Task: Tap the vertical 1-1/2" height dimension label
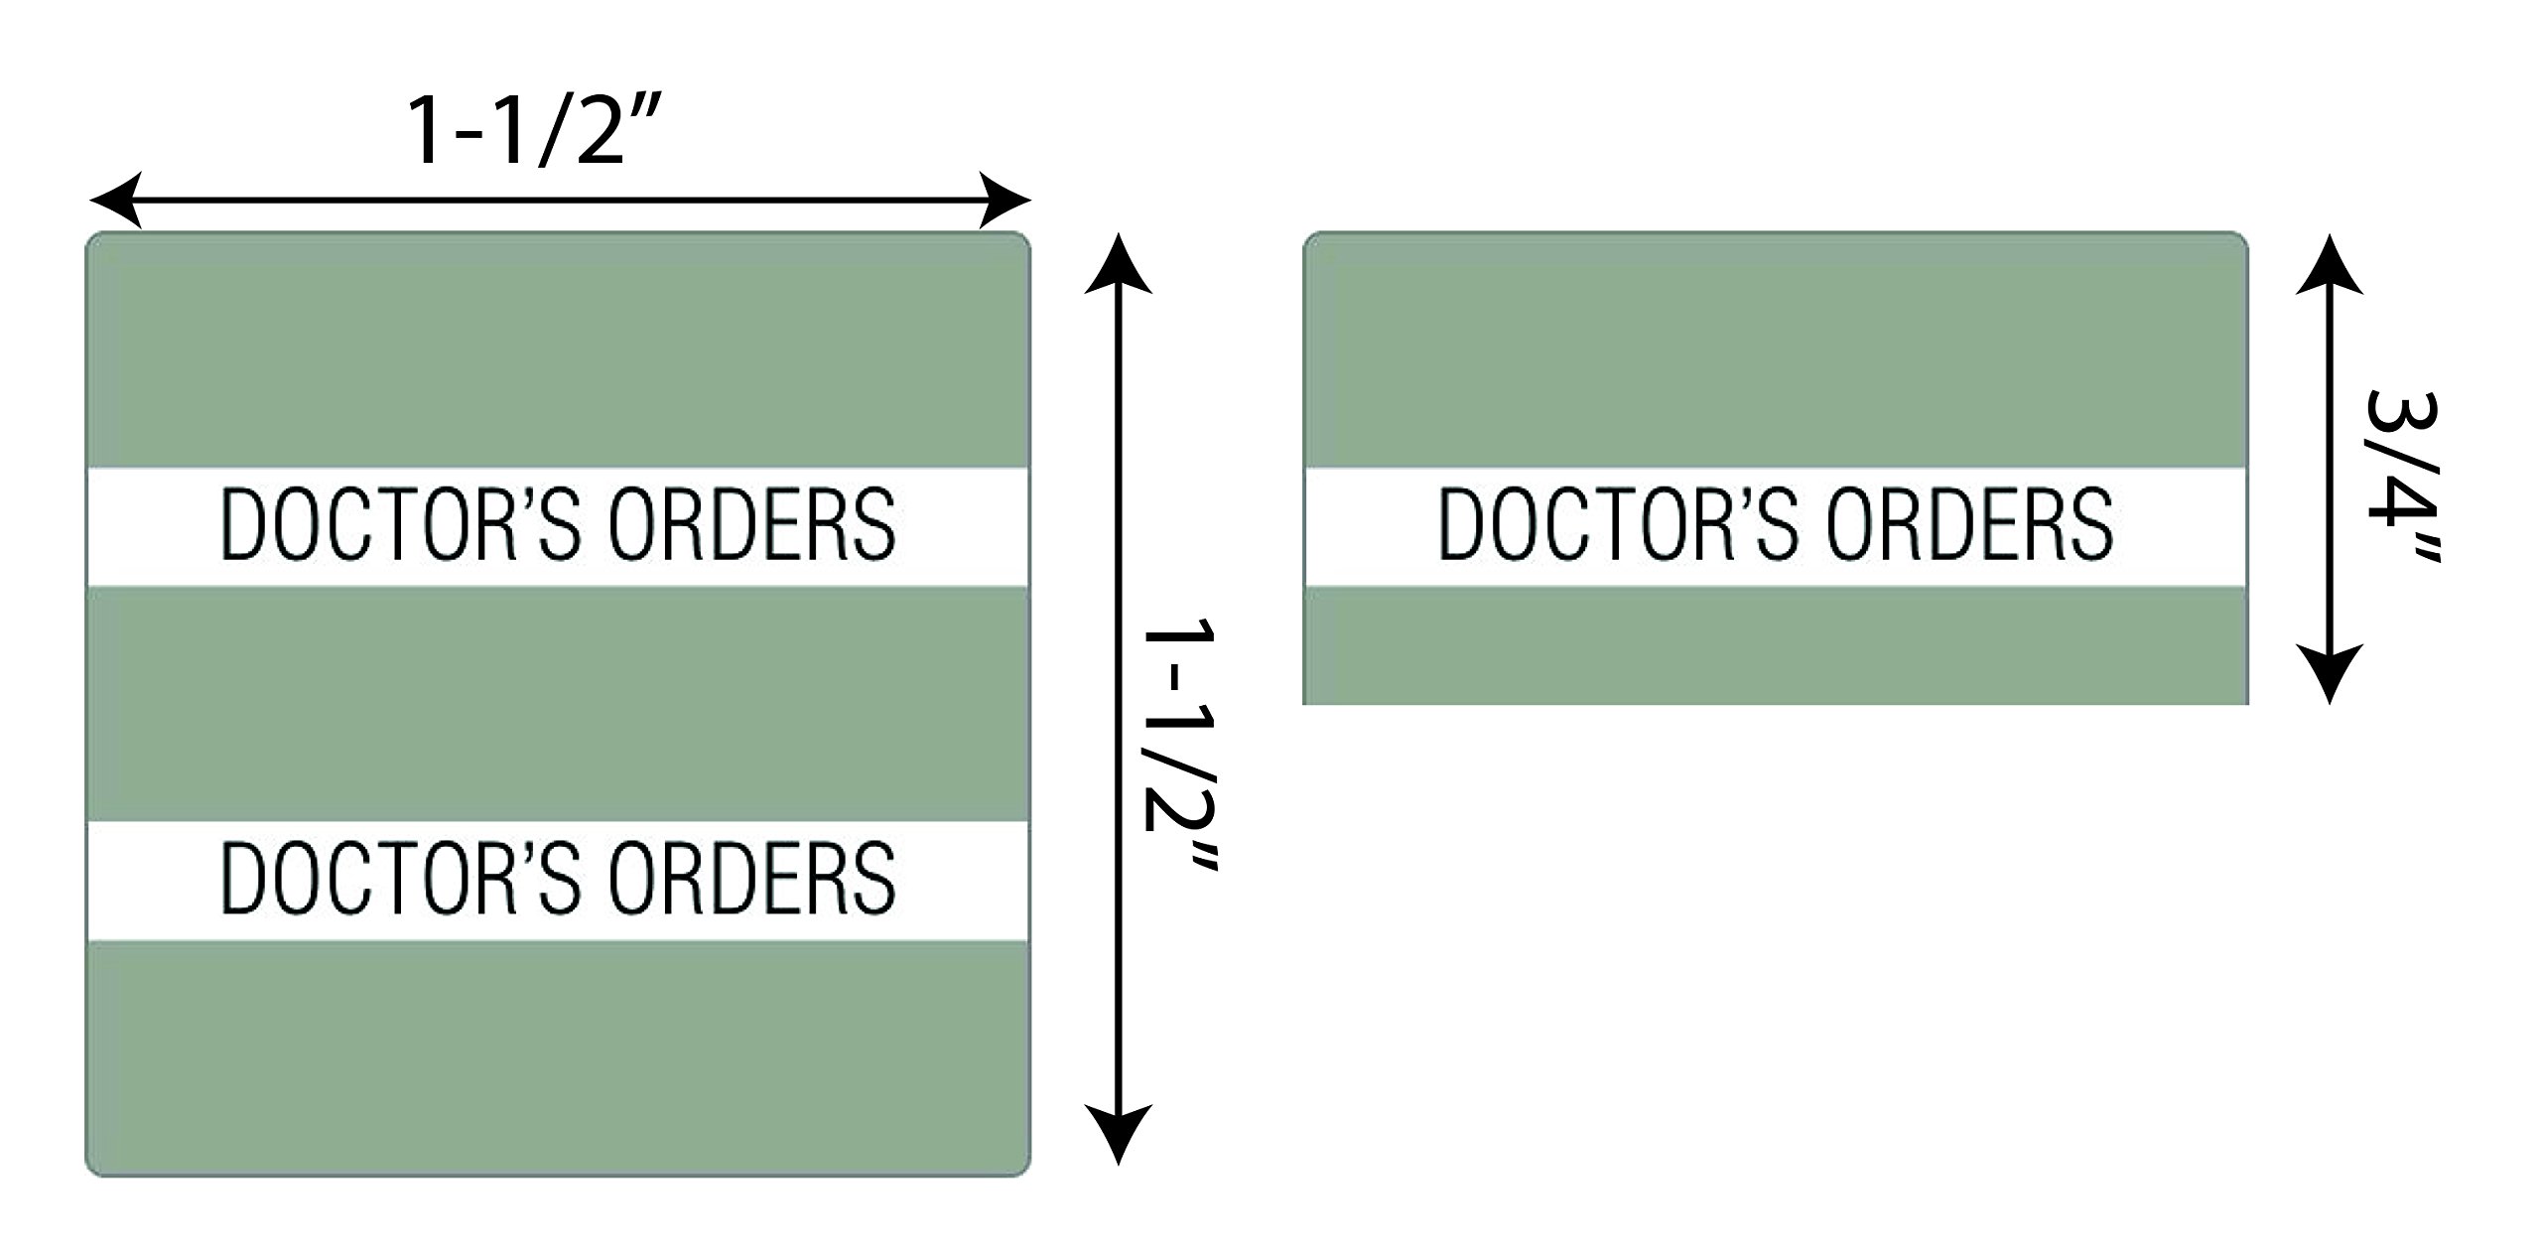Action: point(1179,746)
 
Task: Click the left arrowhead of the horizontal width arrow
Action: point(113,202)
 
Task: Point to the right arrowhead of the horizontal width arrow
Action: point(1004,202)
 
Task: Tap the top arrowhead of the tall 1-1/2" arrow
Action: point(1119,264)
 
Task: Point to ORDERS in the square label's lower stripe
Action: point(752,878)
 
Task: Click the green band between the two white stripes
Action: point(558,703)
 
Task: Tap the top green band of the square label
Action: point(558,349)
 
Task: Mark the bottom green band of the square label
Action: point(558,1056)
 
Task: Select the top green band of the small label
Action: point(1775,349)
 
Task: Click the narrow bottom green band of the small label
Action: point(1775,644)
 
